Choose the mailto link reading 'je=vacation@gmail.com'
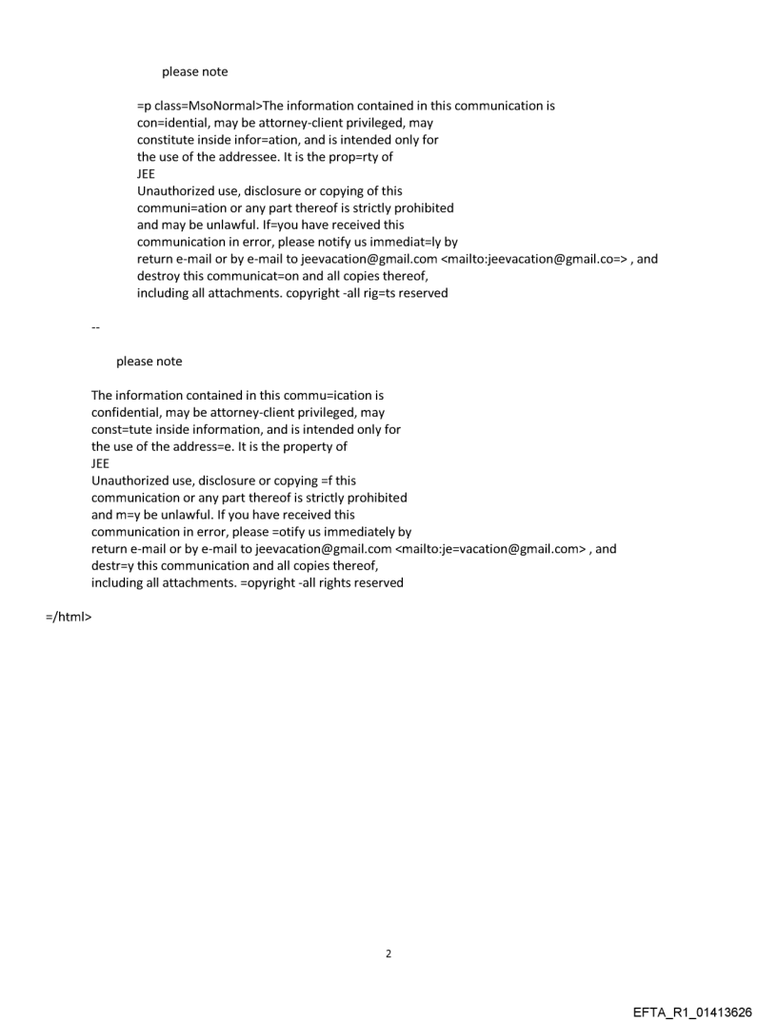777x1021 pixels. (x=490, y=549)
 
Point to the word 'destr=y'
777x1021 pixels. (x=112, y=566)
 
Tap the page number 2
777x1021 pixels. (x=388, y=953)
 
